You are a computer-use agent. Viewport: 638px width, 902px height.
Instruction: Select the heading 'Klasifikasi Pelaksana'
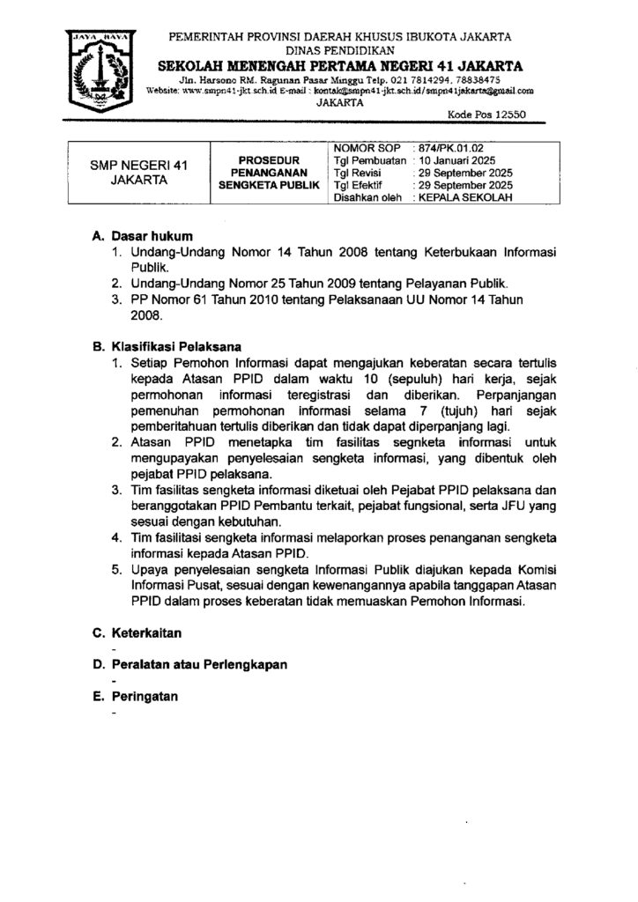pyautogui.click(x=176, y=346)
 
